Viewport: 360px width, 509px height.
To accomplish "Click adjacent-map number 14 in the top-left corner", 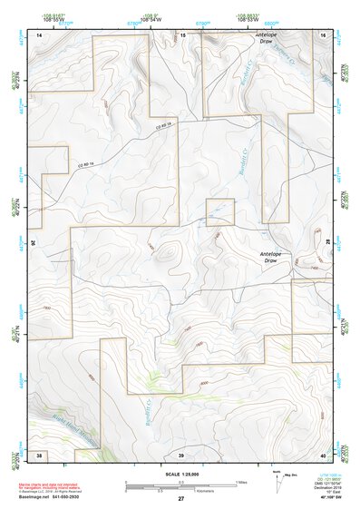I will [x=39, y=34].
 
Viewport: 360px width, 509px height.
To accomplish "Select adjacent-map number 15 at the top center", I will [x=182, y=34].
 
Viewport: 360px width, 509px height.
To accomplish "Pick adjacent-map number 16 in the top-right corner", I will [x=323, y=34].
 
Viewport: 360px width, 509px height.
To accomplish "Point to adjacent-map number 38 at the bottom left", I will [x=39, y=453].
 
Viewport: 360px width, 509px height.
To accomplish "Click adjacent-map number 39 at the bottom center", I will [x=180, y=453].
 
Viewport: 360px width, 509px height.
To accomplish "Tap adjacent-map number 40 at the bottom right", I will [x=323, y=453].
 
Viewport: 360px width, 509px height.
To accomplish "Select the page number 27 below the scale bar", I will [x=180, y=498].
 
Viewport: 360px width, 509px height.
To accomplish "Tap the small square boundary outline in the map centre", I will [x=220, y=212].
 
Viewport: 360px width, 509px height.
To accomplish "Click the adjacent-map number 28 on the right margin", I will [x=327, y=243].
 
